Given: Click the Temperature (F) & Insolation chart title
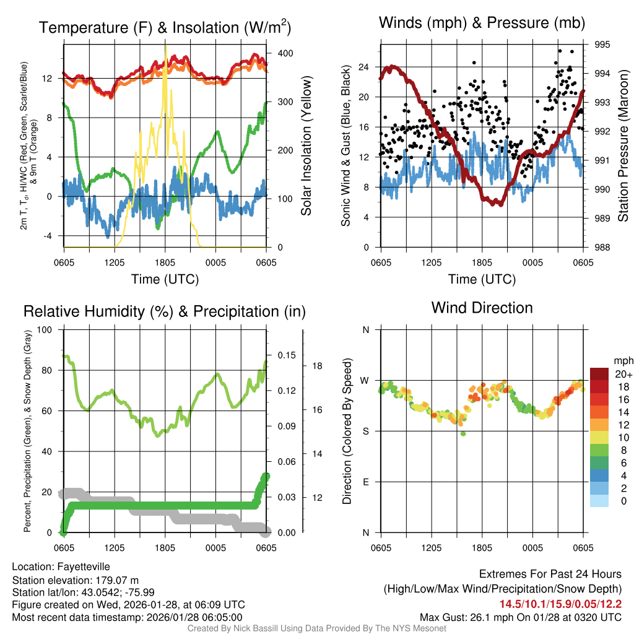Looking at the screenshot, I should (x=165, y=27).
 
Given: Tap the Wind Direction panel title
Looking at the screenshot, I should (x=482, y=308).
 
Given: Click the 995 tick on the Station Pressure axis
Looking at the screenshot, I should (x=601, y=45).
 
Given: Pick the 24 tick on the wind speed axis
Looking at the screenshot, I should (x=363, y=67).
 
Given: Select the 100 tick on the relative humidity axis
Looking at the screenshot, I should (x=46, y=329).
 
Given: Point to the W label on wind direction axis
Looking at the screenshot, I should (x=365, y=380).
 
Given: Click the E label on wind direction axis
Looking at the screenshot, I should (x=365, y=482).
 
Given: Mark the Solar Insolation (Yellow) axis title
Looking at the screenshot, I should (x=306, y=146).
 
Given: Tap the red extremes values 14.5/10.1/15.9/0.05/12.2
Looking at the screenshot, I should (x=560, y=604).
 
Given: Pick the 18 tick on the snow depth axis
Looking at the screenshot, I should (x=317, y=365).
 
